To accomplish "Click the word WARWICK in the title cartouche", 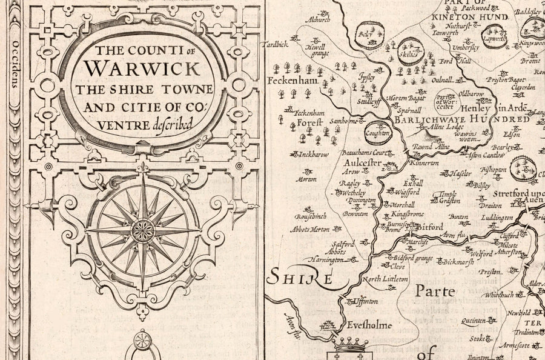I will pos(143,65).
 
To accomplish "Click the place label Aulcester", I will pos(362,163).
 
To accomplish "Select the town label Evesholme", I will pos(369,325).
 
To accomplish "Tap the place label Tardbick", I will pos(276,45).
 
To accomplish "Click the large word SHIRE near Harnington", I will pos(300,278).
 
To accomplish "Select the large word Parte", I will pos(435,292).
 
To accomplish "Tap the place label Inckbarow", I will pos(314,155).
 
